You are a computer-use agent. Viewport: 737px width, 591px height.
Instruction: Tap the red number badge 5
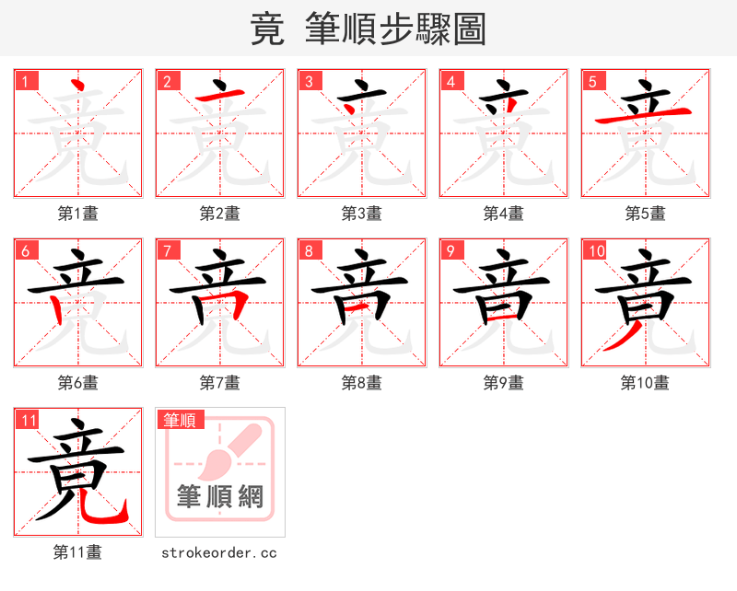coord(592,81)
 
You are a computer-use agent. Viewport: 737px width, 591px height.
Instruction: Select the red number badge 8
coord(309,250)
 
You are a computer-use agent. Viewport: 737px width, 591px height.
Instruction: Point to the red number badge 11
coord(28,421)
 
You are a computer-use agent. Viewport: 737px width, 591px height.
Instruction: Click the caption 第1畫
coord(78,214)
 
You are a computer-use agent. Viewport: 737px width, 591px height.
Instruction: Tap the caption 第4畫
coord(504,214)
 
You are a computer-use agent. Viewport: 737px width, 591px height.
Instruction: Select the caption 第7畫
coord(220,383)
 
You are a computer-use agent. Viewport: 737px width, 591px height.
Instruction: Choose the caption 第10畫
coord(645,383)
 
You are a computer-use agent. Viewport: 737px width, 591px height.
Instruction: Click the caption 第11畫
coord(78,552)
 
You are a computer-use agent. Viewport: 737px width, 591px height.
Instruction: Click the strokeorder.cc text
coord(219,552)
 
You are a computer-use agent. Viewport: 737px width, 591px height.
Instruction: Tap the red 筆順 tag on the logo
coord(179,421)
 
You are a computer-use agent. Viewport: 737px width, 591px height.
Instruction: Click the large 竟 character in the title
coord(267,29)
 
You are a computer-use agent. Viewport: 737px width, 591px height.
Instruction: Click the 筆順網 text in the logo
coord(220,497)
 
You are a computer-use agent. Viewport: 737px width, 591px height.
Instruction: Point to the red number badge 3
coord(309,81)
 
